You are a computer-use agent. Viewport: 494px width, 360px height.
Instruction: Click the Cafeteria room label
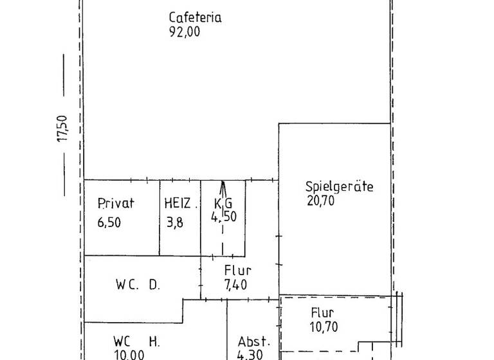tap(195, 17)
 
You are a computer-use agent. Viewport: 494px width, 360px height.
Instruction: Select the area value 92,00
tap(185, 32)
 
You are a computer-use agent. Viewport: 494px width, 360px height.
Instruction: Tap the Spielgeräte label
tap(339, 187)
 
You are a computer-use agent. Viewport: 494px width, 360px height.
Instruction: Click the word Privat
tap(116, 204)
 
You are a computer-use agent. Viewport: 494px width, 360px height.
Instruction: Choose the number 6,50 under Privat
tap(109, 223)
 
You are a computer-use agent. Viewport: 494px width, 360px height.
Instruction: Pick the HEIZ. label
tap(180, 204)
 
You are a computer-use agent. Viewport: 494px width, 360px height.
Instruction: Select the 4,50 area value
tap(224, 217)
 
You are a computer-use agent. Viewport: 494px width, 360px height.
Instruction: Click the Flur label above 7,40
tap(237, 271)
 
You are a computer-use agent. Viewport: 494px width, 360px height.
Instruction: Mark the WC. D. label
tap(138, 283)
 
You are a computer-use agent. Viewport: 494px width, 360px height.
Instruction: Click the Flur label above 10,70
tap(323, 313)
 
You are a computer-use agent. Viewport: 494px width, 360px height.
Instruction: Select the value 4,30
tap(250, 354)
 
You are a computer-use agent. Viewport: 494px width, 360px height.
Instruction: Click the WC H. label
tap(136, 341)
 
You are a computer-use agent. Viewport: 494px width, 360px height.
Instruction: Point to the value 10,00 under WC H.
tap(129, 355)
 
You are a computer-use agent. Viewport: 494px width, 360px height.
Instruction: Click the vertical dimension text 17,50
tap(63, 129)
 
